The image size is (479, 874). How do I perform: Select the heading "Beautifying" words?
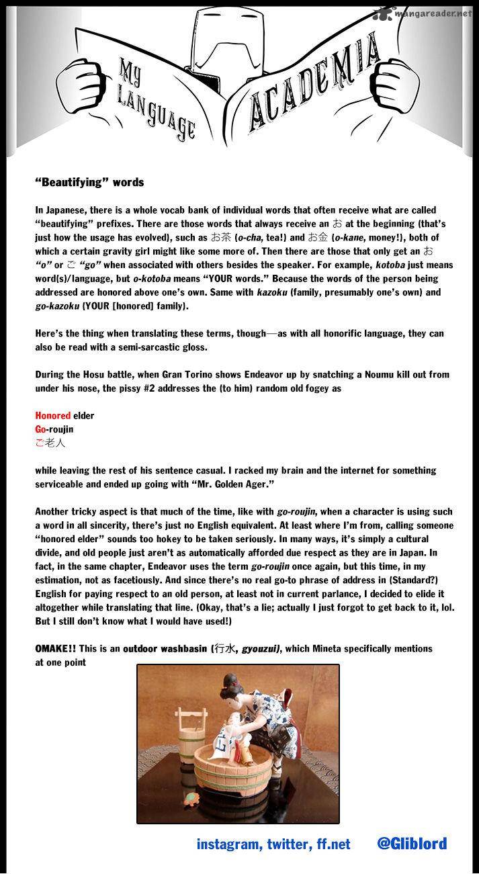[x=89, y=183]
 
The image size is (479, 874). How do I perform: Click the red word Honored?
[x=52, y=416]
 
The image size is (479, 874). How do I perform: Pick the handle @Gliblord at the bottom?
[x=412, y=844]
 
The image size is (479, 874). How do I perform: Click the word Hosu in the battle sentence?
[x=103, y=374]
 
